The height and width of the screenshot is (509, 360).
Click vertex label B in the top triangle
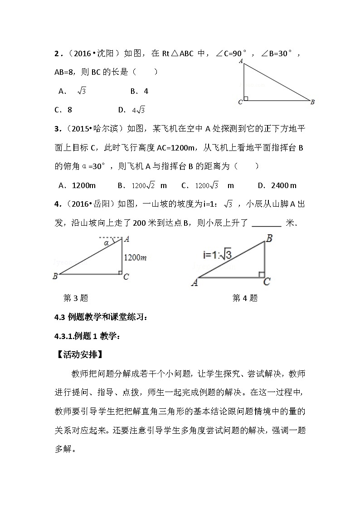(x=312, y=102)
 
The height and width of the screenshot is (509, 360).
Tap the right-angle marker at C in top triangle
(x=245, y=98)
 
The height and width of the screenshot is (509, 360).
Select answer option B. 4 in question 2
(x=139, y=91)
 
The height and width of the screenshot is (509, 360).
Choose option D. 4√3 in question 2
(x=131, y=110)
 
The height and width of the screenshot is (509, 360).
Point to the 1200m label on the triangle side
(x=135, y=258)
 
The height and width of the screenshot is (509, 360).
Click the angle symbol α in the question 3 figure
(x=107, y=243)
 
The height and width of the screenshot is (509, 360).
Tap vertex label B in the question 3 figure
(x=55, y=276)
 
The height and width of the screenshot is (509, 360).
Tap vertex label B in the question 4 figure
(x=269, y=238)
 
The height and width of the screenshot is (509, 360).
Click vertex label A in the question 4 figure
(x=195, y=283)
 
